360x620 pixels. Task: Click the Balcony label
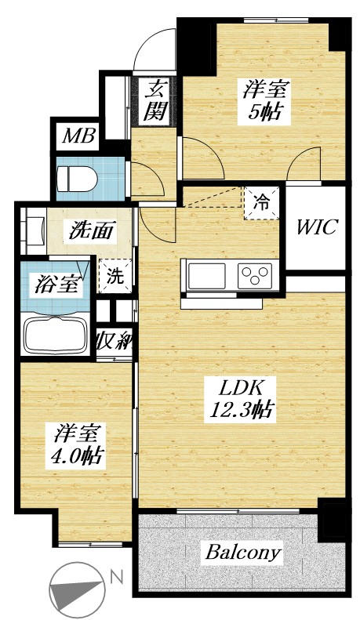(243, 553)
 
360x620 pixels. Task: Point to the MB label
(79, 138)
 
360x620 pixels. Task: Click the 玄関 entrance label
(157, 100)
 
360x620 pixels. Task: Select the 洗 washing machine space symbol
(115, 277)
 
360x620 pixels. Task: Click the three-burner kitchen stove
(256, 275)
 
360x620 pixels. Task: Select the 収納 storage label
(115, 342)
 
